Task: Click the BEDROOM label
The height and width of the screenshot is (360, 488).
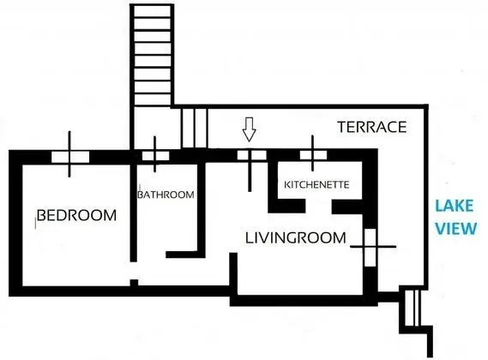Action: click(76, 215)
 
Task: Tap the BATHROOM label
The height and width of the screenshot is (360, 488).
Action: click(166, 195)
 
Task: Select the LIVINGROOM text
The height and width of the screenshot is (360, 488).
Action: click(295, 238)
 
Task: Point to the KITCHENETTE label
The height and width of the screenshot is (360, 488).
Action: click(316, 185)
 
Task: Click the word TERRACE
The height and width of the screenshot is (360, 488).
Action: click(372, 127)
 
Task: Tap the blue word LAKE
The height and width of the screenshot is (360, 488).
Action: click(454, 206)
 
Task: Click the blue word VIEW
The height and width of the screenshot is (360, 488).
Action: click(455, 228)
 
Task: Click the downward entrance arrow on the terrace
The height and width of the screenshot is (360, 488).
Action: click(250, 129)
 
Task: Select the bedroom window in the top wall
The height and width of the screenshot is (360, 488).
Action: click(70, 157)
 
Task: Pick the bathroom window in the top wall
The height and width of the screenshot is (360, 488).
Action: click(155, 156)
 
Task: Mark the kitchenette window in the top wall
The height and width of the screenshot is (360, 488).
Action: click(313, 155)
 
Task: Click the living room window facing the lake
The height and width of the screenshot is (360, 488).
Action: click(371, 248)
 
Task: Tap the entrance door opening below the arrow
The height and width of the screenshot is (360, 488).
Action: click(252, 155)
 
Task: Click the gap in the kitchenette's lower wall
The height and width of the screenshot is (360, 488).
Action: click(319, 207)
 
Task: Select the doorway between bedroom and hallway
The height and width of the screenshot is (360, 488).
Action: click(134, 271)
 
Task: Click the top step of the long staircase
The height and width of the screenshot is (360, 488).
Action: click(152, 12)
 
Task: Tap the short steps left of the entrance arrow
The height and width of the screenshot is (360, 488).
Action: click(194, 129)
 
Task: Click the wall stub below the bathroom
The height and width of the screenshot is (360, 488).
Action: click(185, 255)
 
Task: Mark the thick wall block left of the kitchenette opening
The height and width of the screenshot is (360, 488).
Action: click(286, 207)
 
